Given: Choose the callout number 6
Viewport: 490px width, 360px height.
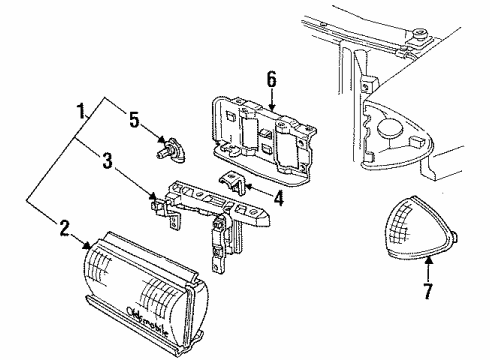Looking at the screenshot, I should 270,78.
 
